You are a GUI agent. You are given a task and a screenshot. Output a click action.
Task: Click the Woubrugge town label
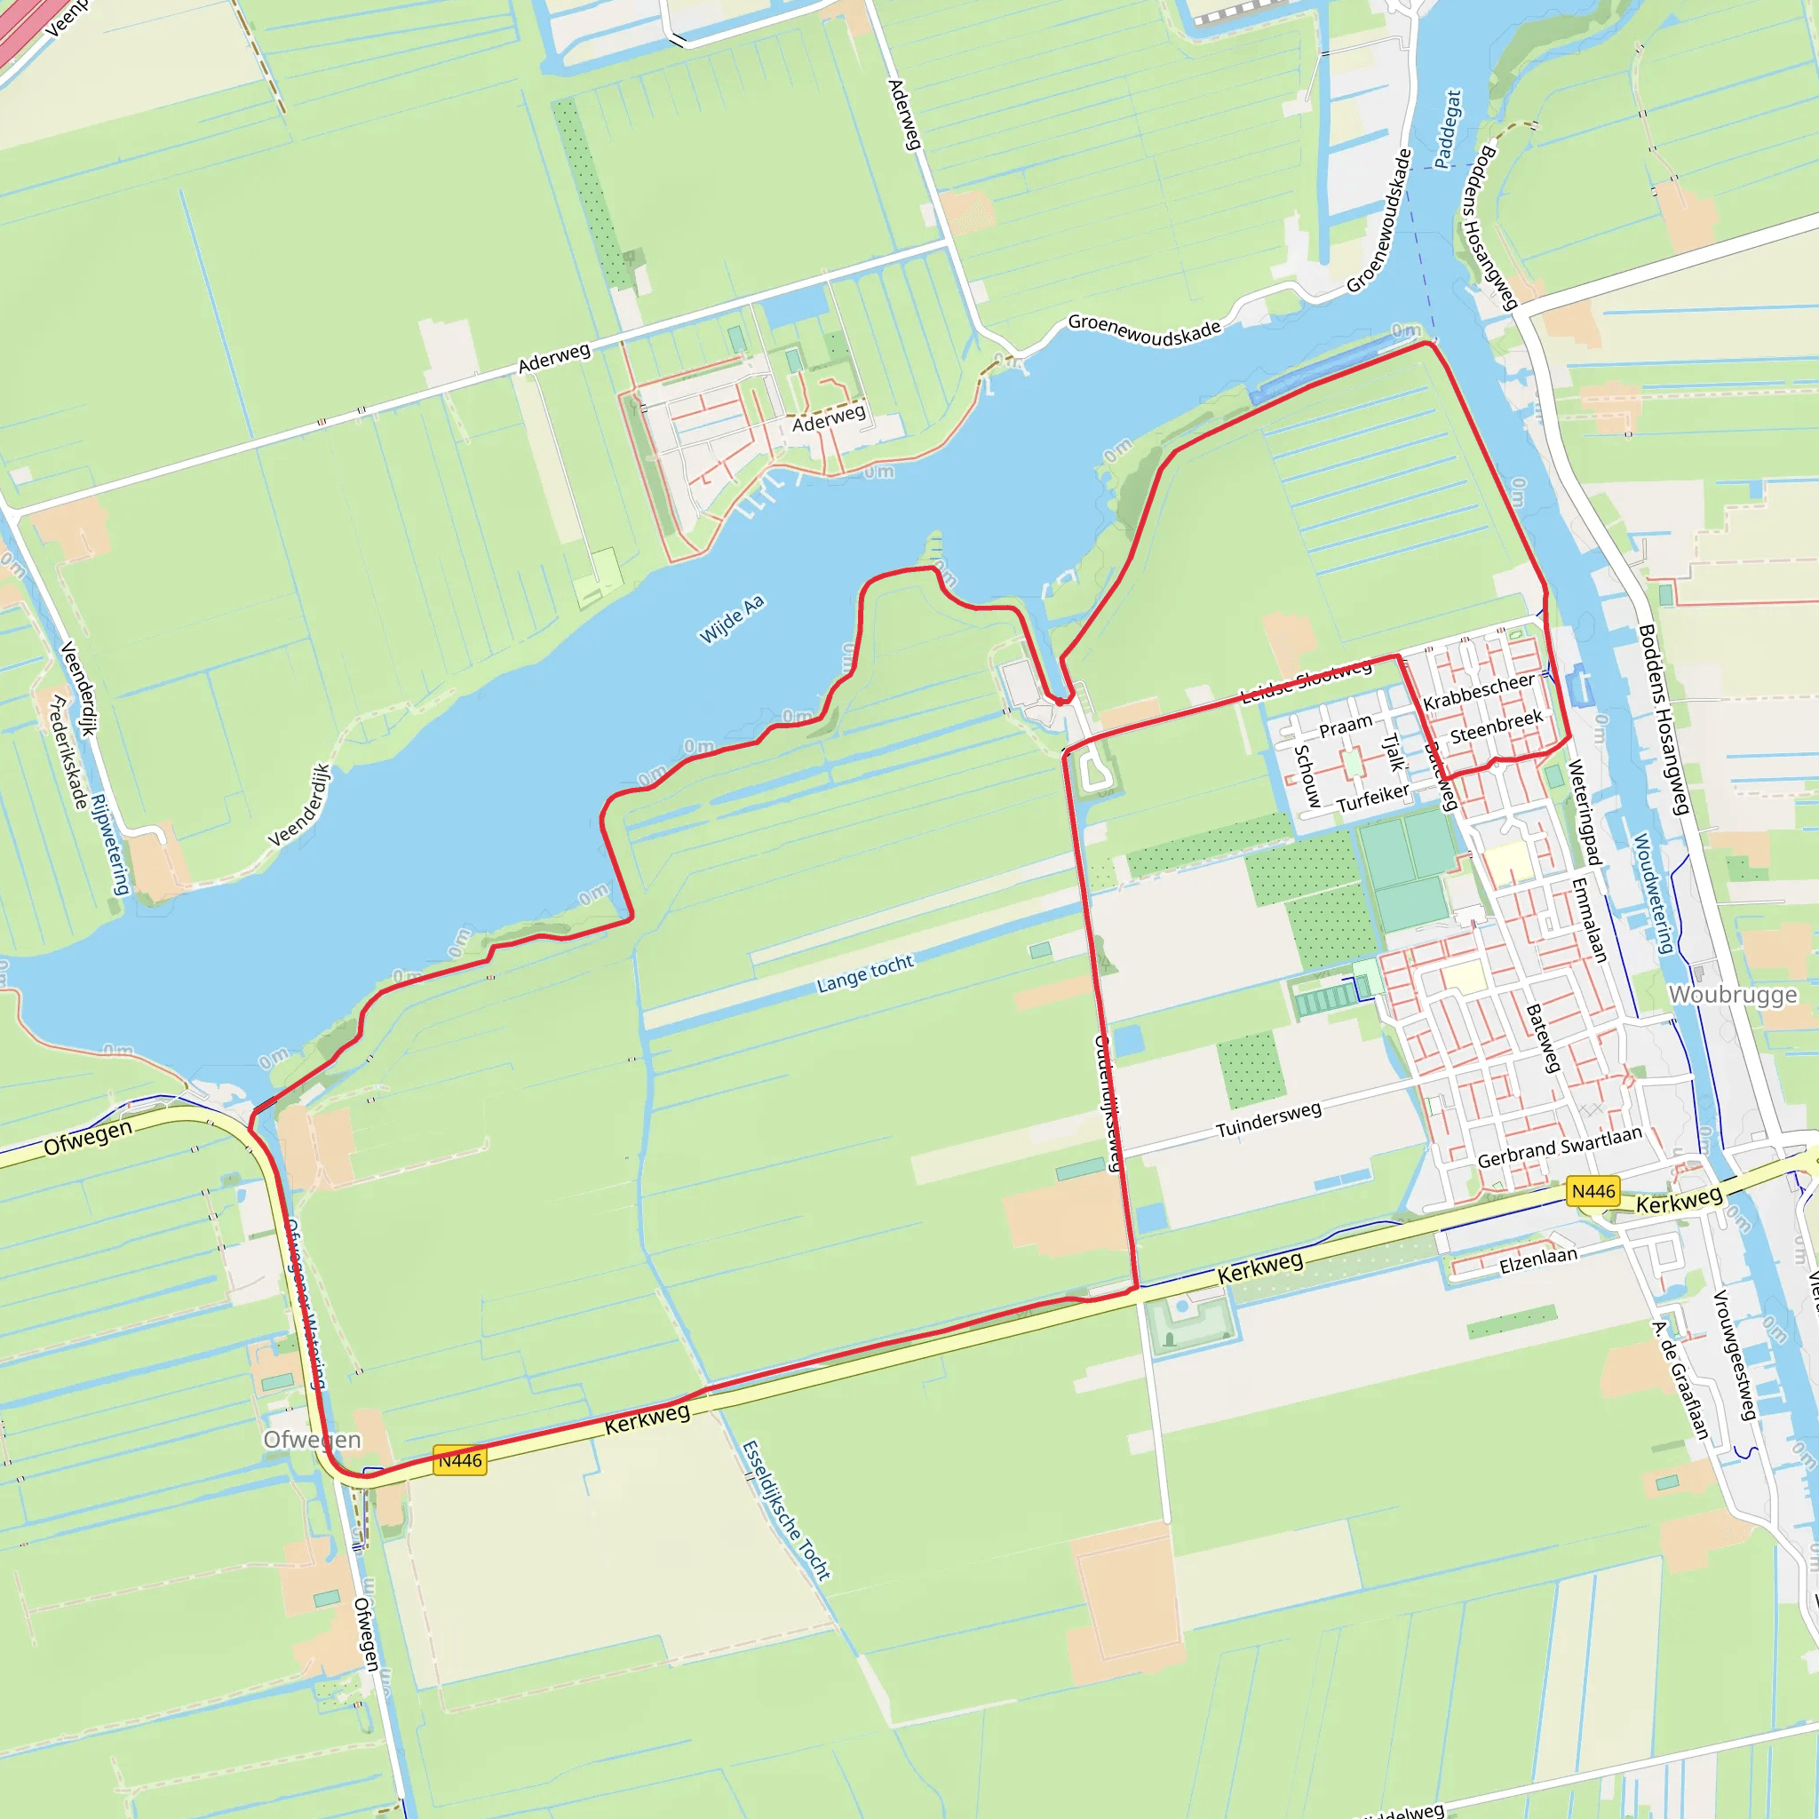tap(1732, 995)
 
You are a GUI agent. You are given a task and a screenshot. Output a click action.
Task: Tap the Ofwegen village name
tap(312, 1440)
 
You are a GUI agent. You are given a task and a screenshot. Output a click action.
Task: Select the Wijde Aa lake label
tap(732, 620)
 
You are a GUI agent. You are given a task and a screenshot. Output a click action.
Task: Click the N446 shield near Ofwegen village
tap(459, 1460)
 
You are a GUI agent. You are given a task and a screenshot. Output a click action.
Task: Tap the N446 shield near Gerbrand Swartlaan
tap(1593, 1192)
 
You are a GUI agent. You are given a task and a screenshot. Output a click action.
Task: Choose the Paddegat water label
tap(1448, 129)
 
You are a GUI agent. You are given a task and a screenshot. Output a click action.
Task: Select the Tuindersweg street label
tap(1268, 1120)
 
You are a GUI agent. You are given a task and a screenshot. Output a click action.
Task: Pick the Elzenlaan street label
tap(1537, 1260)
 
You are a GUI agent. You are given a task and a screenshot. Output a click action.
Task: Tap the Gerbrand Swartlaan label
tap(1559, 1148)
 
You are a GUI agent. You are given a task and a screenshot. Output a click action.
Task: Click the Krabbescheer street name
tap(1478, 692)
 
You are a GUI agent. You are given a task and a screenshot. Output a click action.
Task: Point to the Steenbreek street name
tap(1496, 726)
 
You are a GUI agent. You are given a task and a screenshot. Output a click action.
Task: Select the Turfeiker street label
tap(1373, 798)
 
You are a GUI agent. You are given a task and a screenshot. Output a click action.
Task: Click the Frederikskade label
tap(68, 751)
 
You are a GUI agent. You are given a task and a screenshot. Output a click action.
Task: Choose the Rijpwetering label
tap(110, 845)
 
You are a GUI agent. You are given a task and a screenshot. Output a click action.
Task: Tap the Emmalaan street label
tap(1589, 920)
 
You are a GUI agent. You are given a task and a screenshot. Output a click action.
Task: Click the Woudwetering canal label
tap(1652, 893)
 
